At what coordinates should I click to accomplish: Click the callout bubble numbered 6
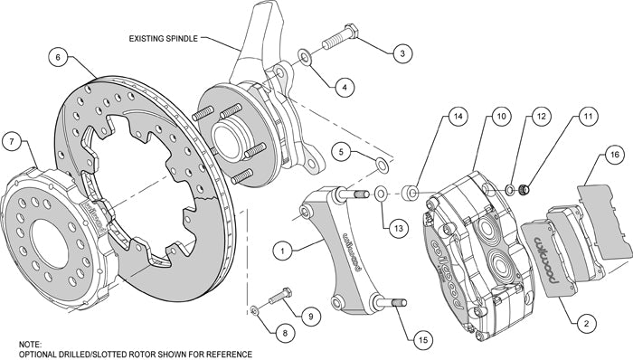point(57,57)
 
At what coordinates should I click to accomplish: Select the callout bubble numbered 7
point(12,140)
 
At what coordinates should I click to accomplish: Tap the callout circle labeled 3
point(399,53)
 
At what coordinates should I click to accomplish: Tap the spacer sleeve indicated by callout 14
point(411,192)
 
